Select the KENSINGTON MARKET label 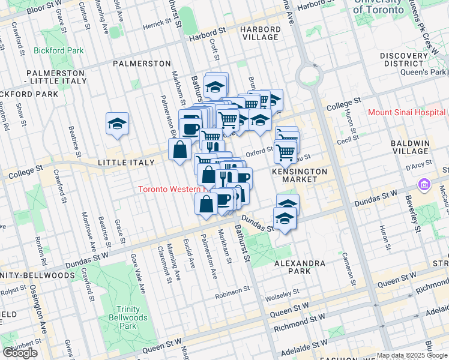(300, 175)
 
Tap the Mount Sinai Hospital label (406, 112)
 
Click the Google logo (20, 353)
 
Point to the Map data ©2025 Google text (412, 356)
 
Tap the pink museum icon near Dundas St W (425, 184)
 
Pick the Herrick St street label (157, 27)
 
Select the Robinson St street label (233, 289)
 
